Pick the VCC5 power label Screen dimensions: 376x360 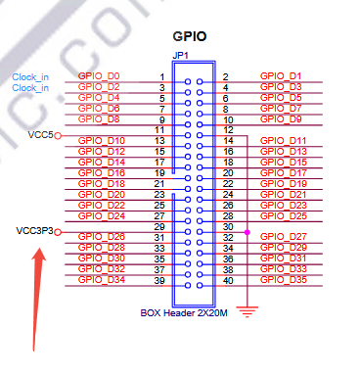[40, 134]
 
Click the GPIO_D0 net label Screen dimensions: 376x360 [99, 75]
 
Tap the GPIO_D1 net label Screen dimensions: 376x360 [281, 75]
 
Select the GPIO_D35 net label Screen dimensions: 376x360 [284, 279]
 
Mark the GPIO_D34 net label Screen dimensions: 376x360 [102, 279]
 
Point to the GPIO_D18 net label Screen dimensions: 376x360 [102, 183]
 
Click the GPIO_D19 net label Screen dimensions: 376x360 [284, 183]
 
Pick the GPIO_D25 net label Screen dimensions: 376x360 [284, 215]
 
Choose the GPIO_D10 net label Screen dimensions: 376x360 [102, 141]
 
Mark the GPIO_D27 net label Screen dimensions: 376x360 [284, 237]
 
